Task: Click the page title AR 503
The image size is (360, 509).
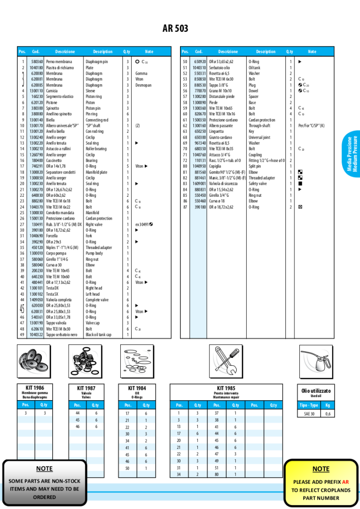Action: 175,29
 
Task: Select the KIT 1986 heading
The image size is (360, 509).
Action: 31,388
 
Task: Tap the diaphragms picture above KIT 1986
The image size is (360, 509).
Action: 31,360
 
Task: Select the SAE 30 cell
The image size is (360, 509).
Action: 309,414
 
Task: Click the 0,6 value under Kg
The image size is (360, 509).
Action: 327,414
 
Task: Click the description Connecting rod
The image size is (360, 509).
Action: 96,120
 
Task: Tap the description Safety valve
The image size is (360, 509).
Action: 259,183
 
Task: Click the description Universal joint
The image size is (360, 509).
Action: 261,137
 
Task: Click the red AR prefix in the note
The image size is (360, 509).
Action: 345,482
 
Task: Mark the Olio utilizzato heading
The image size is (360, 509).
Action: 316,391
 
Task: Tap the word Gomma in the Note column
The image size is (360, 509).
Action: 141,74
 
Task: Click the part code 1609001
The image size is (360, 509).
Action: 199,183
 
